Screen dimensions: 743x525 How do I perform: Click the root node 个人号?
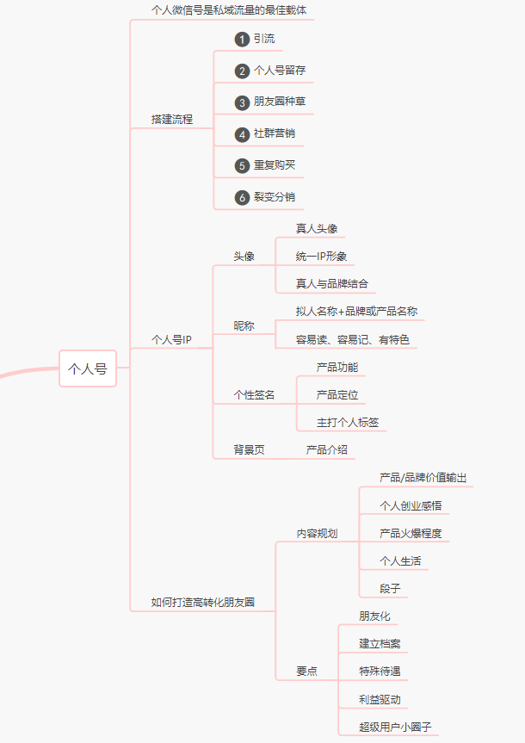point(88,368)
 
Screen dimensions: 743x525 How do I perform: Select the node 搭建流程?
point(172,119)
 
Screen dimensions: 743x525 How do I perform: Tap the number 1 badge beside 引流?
point(242,40)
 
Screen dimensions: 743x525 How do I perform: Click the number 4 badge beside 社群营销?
point(242,134)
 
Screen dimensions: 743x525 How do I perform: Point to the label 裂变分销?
point(274,197)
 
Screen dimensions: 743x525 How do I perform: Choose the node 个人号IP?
point(171,339)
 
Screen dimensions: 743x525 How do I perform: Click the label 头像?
point(244,257)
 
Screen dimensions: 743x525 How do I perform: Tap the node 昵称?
point(244,326)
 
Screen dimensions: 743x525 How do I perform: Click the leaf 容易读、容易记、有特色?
point(353,339)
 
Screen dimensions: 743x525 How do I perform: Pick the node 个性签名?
point(255,395)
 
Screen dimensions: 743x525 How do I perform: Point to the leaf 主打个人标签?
point(348,423)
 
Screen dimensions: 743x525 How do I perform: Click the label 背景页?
point(250,449)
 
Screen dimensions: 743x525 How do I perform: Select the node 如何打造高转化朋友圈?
point(203,603)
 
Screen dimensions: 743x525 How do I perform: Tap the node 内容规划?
point(317,534)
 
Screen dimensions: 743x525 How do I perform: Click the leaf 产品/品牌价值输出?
point(423,478)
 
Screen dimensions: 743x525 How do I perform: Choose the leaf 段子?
point(390,588)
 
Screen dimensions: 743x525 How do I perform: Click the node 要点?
point(306,671)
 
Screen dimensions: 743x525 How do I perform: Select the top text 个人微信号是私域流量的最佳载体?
point(229,10)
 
